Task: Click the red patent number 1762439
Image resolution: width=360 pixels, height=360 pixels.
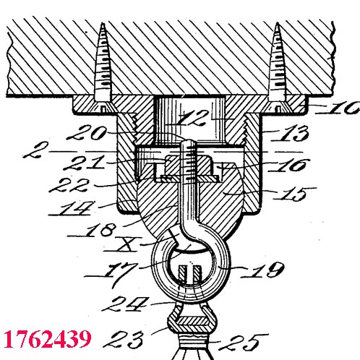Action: point(48,339)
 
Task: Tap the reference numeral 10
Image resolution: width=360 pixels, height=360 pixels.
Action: point(344,108)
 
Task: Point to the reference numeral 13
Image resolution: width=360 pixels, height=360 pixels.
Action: point(293,133)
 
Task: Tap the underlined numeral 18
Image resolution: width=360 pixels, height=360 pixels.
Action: point(100,230)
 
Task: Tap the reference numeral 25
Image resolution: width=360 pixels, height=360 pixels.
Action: point(244,342)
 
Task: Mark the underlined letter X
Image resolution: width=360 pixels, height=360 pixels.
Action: point(125,244)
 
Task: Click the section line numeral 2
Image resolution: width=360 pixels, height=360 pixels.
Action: point(35,150)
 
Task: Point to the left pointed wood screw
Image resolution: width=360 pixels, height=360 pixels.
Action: point(103,67)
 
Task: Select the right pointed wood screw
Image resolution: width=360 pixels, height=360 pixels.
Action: point(278,67)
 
